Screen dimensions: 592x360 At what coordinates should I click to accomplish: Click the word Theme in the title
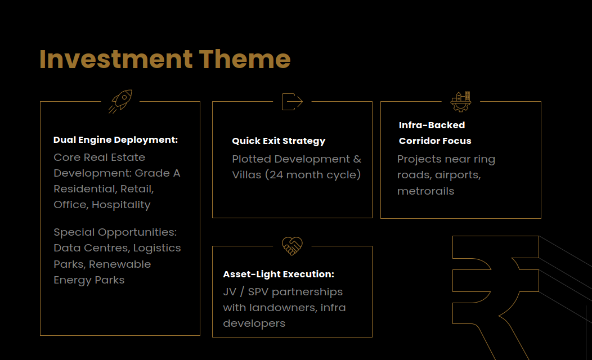coord(245,59)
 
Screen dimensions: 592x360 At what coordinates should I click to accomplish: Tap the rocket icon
coord(120,101)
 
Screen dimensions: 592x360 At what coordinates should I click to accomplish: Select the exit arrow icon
coord(292,101)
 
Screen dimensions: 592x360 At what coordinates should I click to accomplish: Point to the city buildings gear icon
coord(461,101)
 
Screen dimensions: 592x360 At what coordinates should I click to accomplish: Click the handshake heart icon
coord(292,246)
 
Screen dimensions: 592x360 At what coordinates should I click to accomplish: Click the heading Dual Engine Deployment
coord(115,140)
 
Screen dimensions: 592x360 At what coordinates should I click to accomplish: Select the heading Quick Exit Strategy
coord(279,141)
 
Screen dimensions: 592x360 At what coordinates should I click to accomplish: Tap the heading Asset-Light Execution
coord(279,274)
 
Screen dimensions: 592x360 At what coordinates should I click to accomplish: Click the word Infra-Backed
coord(432,125)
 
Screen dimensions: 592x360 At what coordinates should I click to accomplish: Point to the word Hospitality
coord(121,205)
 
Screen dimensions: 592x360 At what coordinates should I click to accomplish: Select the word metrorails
coord(425,191)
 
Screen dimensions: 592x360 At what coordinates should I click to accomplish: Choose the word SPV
coord(258,292)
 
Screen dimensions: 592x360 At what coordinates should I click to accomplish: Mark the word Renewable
coord(120,264)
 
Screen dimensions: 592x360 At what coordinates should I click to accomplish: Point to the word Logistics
coord(157,248)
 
